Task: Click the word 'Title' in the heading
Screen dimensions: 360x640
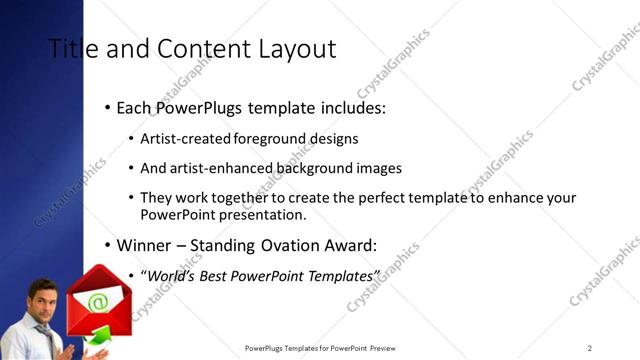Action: (70, 48)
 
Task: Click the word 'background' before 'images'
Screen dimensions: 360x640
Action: (323, 168)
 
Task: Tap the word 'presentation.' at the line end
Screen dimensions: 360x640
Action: (263, 214)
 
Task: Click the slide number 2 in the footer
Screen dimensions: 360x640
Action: (590, 348)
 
